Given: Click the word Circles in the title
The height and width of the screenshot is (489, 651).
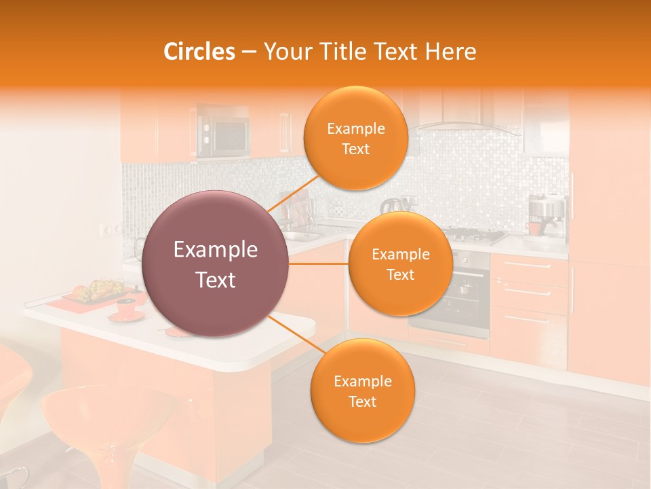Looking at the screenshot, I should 199,52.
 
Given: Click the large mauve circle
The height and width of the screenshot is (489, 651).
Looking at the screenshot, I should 216,264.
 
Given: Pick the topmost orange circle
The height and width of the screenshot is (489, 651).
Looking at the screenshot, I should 355,138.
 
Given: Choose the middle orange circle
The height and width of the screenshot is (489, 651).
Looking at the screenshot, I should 400,264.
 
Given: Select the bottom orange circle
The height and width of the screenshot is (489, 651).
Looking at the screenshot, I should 362,391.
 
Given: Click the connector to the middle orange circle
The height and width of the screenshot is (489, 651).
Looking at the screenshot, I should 319,264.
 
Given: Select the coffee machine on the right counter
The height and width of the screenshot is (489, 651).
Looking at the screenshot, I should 547,216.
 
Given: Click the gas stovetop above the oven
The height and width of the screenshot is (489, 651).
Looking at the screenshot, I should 475,236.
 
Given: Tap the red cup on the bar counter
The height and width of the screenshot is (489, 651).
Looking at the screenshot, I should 125,306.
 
